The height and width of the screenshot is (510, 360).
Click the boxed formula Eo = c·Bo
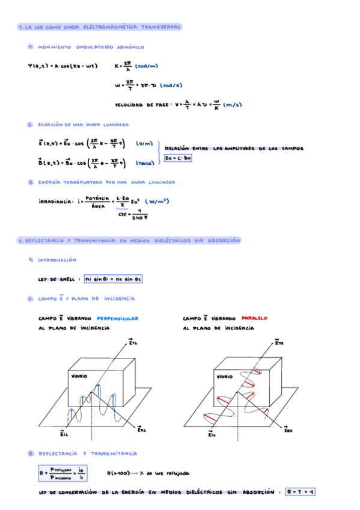click(178, 158)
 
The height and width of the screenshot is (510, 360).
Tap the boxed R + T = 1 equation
click(301, 492)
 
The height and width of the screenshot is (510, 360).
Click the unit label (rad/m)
click(147, 66)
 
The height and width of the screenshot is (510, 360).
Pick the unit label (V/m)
click(144, 143)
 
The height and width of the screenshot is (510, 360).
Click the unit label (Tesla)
click(144, 162)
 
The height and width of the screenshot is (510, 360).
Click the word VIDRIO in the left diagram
click(79, 375)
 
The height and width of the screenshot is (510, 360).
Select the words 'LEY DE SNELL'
click(56, 280)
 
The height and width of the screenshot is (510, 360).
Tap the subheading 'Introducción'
click(57, 260)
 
